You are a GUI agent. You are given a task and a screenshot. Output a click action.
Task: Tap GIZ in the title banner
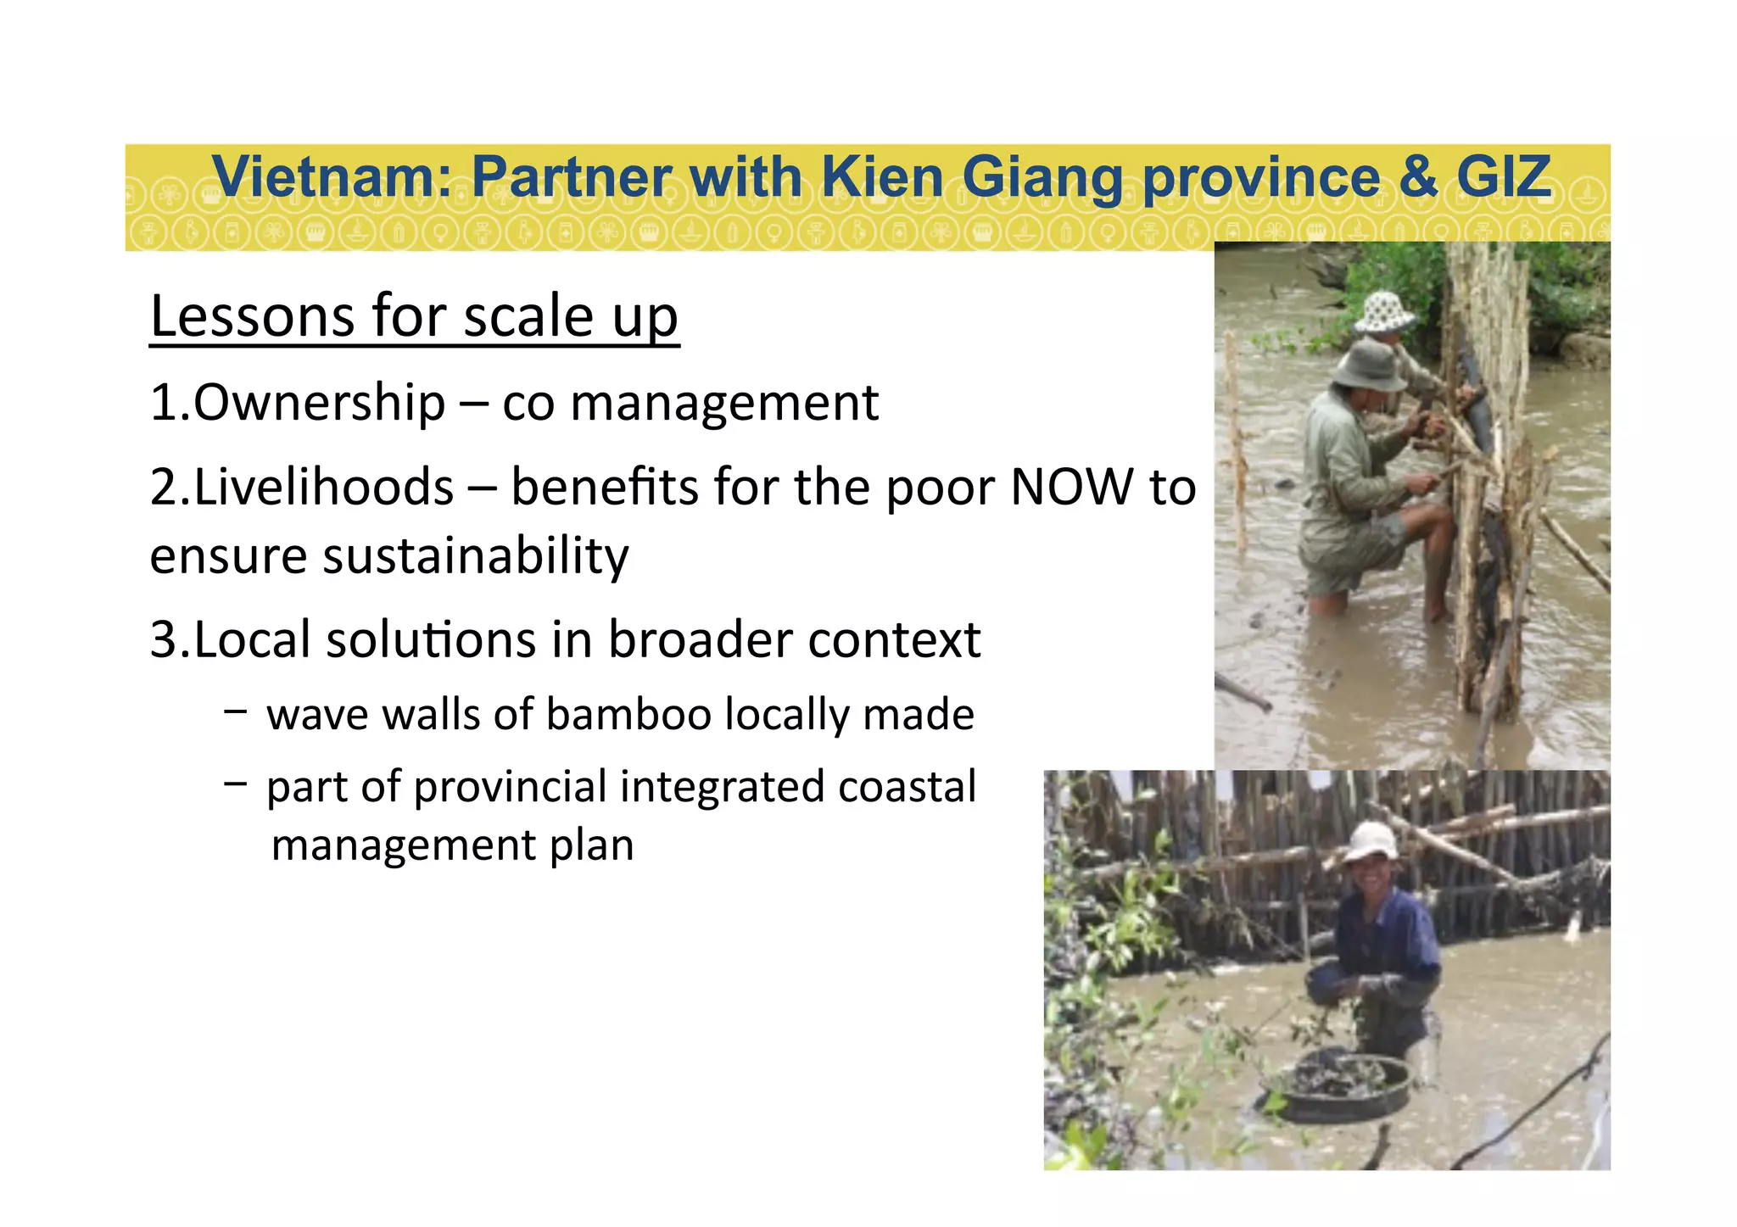[x=1503, y=177]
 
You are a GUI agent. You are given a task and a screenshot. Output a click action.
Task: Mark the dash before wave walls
[x=236, y=711]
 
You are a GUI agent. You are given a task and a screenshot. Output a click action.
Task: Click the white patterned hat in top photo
[x=1383, y=312]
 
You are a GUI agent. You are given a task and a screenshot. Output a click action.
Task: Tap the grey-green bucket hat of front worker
[x=1367, y=365]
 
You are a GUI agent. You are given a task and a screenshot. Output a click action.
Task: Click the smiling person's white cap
[x=1370, y=840]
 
